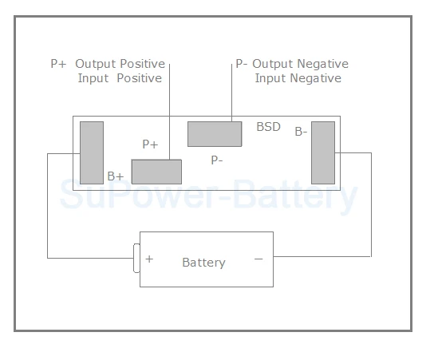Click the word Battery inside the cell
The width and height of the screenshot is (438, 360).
click(203, 263)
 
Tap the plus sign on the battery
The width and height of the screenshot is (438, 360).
click(149, 259)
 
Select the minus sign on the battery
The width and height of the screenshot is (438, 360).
click(258, 259)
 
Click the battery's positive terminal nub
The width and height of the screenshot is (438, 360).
click(136, 258)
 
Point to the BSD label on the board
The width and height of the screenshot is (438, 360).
click(268, 127)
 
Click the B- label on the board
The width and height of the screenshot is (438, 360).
click(301, 132)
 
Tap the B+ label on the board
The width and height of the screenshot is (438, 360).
click(116, 176)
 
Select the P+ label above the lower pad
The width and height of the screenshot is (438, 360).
click(150, 144)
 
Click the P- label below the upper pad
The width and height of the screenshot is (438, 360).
click(217, 160)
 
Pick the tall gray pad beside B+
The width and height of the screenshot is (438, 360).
click(92, 152)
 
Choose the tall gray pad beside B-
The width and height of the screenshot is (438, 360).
click(323, 152)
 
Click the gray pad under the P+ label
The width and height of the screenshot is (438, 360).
click(156, 172)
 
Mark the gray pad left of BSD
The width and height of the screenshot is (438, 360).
click(215, 134)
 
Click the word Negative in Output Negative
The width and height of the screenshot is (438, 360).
click(322, 65)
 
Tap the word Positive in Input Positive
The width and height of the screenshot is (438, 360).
click(139, 78)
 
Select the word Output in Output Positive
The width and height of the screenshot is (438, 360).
click(95, 65)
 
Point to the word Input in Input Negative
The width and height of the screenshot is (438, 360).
click(270, 78)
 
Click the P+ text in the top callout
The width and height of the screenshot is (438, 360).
click(58, 64)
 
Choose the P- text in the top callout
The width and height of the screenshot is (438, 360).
click(242, 64)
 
